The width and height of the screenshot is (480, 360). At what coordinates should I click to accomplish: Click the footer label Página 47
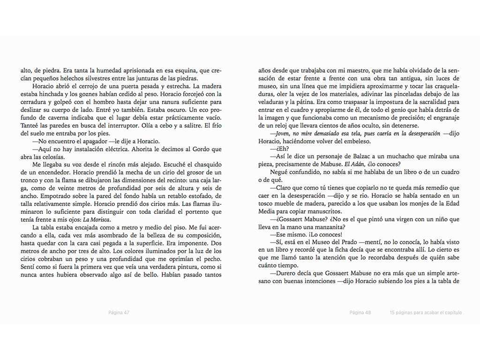(x=119, y=313)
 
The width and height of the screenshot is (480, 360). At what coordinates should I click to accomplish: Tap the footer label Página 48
(x=360, y=313)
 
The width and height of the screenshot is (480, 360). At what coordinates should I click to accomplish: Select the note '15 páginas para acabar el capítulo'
(x=425, y=313)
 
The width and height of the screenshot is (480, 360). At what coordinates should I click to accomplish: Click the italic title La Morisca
(x=95, y=220)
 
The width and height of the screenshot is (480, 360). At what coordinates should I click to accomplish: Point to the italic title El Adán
(x=354, y=164)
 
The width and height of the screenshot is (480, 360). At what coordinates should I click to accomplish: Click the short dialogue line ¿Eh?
(x=271, y=148)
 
